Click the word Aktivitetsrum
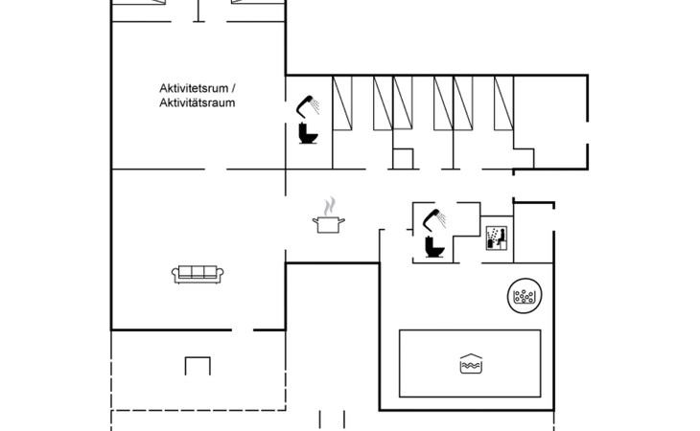tap(195, 88)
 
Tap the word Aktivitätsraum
tap(198, 102)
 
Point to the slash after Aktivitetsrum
tap(233, 88)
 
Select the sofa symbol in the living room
tap(198, 274)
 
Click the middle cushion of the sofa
tap(198, 272)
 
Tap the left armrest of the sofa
tap(175, 274)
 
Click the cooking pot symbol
tap(329, 224)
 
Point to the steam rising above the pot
tap(330, 206)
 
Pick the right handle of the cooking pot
tap(342, 219)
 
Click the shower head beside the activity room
tap(308, 105)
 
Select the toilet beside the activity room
tap(308, 133)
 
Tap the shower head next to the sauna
tap(434, 219)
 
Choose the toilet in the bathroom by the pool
tap(434, 247)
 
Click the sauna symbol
tap(497, 238)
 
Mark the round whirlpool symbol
tap(525, 296)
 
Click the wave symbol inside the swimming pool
tap(471, 364)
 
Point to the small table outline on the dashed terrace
tap(198, 366)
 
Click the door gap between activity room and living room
tap(216, 170)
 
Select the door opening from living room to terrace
tap(243, 330)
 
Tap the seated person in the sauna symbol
tap(502, 237)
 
